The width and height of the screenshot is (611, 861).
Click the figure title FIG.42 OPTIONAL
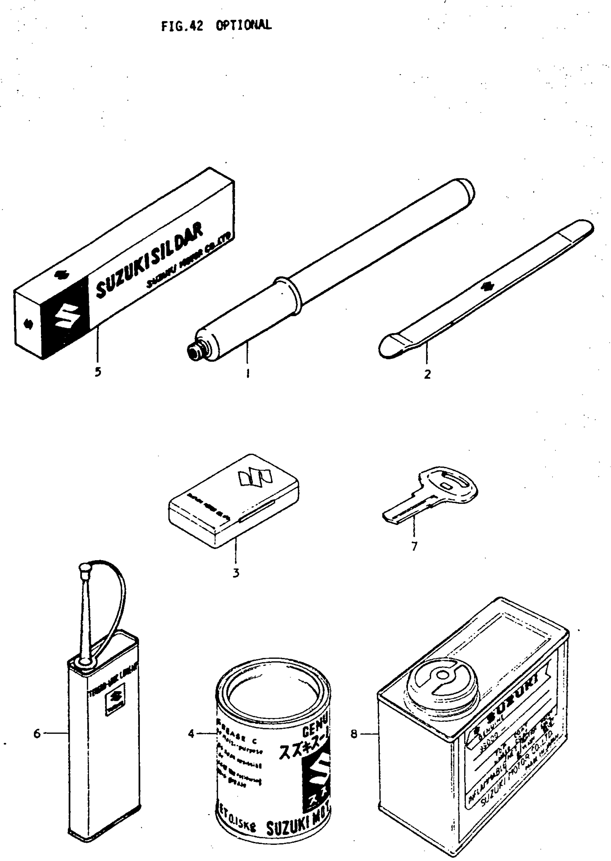216,26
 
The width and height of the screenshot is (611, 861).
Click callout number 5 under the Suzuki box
98,372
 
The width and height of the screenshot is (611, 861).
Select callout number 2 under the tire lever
427,374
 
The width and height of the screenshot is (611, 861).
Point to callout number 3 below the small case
235,573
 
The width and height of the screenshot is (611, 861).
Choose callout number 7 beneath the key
414,546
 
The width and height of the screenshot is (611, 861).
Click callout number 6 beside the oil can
37,733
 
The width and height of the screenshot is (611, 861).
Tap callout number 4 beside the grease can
191,733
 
